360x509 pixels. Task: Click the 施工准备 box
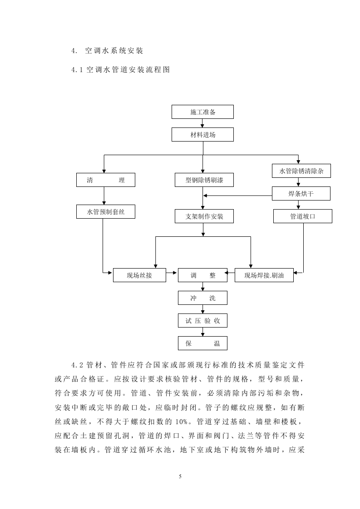click(202, 112)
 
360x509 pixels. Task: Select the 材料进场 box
click(202, 135)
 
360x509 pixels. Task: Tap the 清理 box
click(105, 180)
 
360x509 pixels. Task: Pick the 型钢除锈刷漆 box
click(204, 180)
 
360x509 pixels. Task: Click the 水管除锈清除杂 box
click(301, 171)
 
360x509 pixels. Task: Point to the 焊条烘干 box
click(301, 194)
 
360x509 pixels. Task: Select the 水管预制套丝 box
click(105, 211)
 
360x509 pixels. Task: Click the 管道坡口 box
click(303, 216)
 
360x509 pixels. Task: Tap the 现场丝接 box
click(139, 275)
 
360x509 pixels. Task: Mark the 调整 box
click(202, 275)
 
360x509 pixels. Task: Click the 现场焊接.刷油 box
click(264, 275)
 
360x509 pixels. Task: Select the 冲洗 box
click(202, 298)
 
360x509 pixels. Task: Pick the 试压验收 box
click(202, 321)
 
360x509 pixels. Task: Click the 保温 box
click(202, 343)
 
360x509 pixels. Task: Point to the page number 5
click(180, 476)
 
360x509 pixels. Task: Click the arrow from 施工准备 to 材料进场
click(202, 123)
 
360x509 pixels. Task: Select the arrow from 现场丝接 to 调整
click(172, 273)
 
